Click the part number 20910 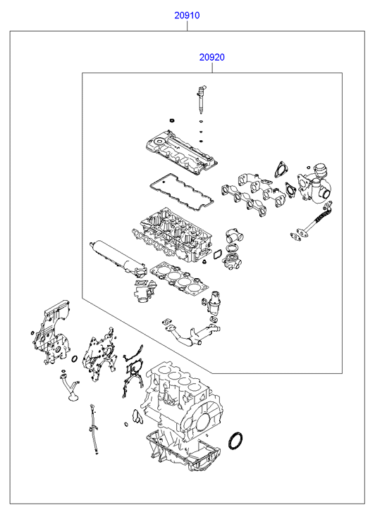coord(187,15)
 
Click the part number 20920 coord(212,57)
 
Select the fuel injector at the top coord(201,100)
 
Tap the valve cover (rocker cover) coord(181,152)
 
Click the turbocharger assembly coord(314,185)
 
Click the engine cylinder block coord(181,401)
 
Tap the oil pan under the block coord(183,451)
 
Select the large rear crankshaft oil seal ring coord(235,440)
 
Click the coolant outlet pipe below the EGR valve coord(191,333)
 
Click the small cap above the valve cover coord(171,121)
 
